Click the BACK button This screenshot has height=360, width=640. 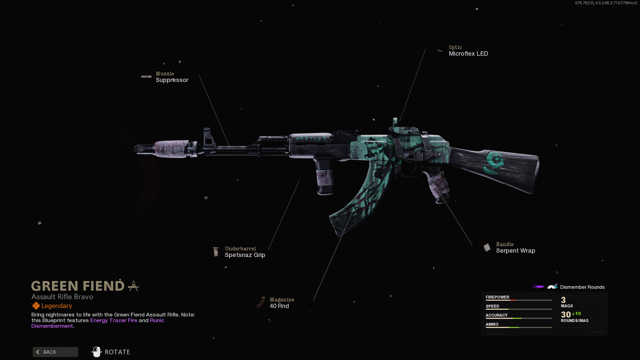(55, 352)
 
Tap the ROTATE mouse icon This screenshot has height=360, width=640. (96, 352)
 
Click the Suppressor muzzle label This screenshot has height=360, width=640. (172, 80)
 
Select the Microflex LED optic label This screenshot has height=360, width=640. (468, 54)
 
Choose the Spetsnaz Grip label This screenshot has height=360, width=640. (245, 255)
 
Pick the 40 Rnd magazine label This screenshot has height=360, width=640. (279, 306)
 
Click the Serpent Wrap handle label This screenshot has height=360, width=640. (515, 251)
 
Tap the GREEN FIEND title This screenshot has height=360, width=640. (78, 286)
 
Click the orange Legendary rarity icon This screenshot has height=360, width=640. (36, 306)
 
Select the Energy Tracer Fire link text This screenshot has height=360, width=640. (114, 320)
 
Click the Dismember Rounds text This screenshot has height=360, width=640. (582, 287)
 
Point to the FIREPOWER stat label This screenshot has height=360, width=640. (497, 297)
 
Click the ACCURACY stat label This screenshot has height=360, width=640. (496, 315)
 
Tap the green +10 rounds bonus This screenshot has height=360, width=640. (576, 314)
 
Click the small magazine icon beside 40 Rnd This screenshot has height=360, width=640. (261, 303)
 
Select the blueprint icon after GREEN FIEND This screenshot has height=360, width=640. (134, 286)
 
